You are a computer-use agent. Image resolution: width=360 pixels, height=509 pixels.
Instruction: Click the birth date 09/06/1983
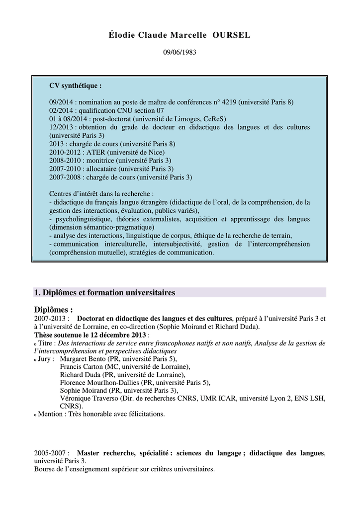click(x=180, y=52)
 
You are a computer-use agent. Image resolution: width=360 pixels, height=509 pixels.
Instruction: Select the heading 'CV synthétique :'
click(x=75, y=85)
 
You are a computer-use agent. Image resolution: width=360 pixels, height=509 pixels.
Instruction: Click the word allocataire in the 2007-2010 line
click(x=104, y=169)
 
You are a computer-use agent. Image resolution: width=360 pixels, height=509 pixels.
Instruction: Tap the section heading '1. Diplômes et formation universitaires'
click(x=104, y=292)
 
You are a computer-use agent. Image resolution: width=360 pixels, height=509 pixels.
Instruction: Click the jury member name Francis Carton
click(x=79, y=366)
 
